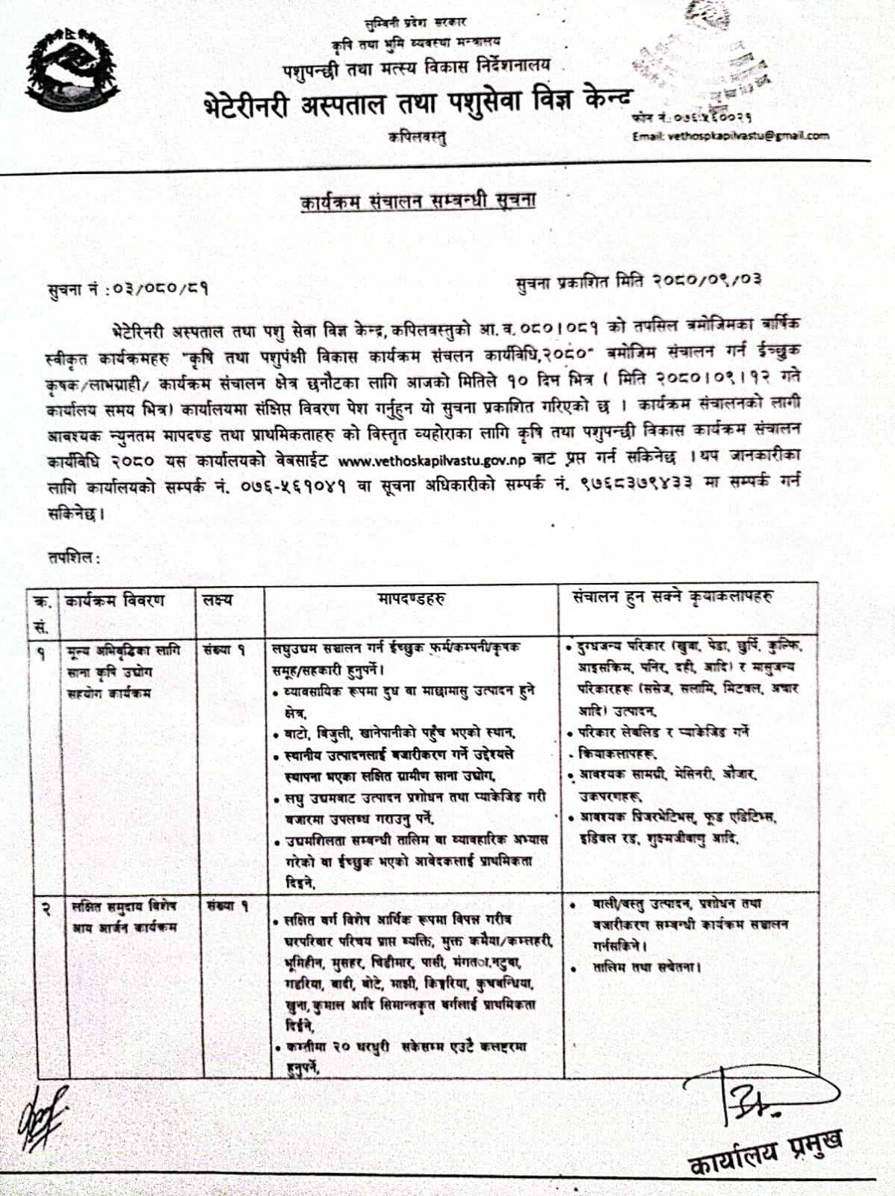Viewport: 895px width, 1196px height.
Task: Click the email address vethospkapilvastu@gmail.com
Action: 731,135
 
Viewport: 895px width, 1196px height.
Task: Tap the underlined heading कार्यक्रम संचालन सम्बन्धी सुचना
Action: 418,201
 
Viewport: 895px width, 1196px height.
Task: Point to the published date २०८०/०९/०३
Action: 707,281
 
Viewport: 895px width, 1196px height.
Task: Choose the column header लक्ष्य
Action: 217,600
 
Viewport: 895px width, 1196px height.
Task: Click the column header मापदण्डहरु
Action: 412,599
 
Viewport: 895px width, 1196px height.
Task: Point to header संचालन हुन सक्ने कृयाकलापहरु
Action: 673,597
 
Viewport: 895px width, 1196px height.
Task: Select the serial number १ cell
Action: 41,653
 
